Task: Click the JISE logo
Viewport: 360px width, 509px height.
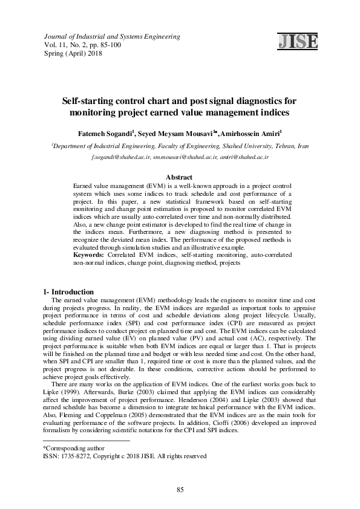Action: pos(297,41)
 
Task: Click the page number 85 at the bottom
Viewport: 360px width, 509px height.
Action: pos(180,489)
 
